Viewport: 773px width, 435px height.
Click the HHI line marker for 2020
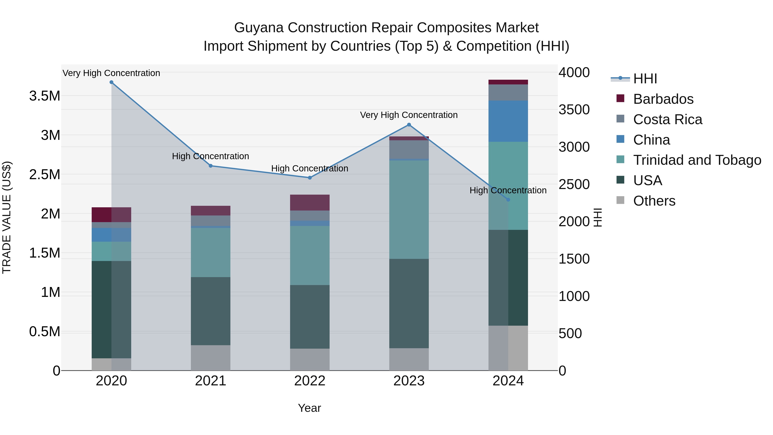(x=111, y=82)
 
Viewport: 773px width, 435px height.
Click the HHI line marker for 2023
(x=409, y=125)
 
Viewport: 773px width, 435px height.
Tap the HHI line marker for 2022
(x=310, y=178)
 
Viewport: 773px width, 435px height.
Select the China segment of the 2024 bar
(x=508, y=121)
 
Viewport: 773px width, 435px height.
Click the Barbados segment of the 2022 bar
(x=310, y=203)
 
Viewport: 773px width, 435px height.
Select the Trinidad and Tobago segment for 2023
(x=409, y=209)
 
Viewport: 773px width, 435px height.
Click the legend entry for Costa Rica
(x=667, y=119)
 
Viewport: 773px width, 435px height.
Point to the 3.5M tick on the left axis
(x=44, y=96)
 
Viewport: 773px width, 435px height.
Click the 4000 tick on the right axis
(x=574, y=72)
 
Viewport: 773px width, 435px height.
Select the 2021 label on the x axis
(x=210, y=381)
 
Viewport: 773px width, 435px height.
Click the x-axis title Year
(x=309, y=408)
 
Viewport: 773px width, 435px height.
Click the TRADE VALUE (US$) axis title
(x=7, y=217)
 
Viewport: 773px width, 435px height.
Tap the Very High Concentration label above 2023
(x=409, y=115)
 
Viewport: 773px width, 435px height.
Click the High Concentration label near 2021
(x=210, y=156)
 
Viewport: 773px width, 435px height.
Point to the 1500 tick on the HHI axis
(x=574, y=259)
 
